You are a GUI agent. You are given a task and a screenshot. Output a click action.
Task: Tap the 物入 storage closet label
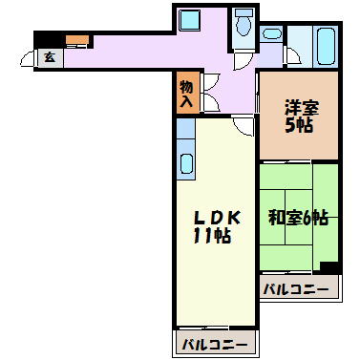point(186,93)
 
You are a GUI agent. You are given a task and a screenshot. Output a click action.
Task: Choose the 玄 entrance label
point(48,58)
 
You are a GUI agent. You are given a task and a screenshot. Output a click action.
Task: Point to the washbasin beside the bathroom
point(272,36)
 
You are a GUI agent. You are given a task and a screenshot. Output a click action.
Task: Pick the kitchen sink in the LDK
point(186,164)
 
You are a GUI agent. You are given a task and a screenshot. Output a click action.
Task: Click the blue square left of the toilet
point(188,21)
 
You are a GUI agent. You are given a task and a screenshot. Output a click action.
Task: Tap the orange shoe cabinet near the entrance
point(76,40)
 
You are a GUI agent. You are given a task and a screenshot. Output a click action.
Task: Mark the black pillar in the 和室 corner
point(329,267)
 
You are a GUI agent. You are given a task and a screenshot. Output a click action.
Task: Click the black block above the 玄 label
point(46,40)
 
